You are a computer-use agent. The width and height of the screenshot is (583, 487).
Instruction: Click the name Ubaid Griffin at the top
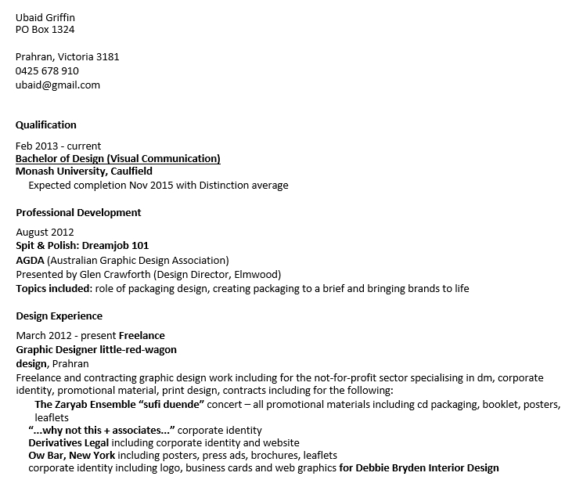pyautogui.click(x=45, y=17)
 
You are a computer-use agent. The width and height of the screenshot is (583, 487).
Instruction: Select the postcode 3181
pyautogui.click(x=107, y=57)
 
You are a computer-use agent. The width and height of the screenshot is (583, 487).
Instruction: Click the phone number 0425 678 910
pyautogui.click(x=47, y=71)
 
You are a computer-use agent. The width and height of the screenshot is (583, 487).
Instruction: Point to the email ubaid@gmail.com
pyautogui.click(x=58, y=85)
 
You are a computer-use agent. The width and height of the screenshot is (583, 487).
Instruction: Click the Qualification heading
pyautogui.click(x=46, y=124)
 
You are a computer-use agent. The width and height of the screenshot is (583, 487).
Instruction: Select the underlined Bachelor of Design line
pyautogui.click(x=118, y=159)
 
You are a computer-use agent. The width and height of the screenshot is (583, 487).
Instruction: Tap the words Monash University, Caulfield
pyautogui.click(x=84, y=171)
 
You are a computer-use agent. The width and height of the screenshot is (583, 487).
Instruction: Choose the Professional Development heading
pyautogui.click(x=78, y=212)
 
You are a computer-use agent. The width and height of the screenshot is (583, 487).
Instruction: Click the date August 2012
pyautogui.click(x=45, y=233)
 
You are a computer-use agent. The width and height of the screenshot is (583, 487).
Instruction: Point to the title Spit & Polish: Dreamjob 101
pyautogui.click(x=82, y=246)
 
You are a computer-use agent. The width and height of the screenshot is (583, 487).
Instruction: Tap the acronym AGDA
pyautogui.click(x=30, y=260)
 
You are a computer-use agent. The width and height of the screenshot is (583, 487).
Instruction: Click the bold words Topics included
pyautogui.click(x=53, y=289)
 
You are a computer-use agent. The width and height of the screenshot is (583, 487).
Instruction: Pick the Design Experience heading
pyautogui.click(x=59, y=316)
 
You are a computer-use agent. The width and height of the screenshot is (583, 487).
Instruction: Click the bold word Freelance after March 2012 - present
pyautogui.click(x=142, y=336)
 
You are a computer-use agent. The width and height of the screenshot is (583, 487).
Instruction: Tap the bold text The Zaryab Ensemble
pyautogui.click(x=85, y=405)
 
